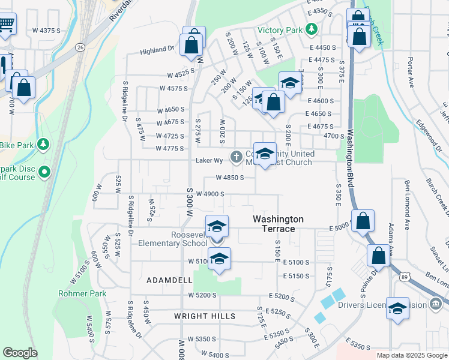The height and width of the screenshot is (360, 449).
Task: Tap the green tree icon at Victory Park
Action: pyautogui.click(x=312, y=29)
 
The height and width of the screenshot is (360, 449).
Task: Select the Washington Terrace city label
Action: pyautogui.click(x=278, y=224)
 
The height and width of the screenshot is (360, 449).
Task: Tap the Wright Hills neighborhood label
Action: pyautogui.click(x=205, y=316)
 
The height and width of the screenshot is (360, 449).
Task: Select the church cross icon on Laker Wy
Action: pyautogui.click(x=237, y=157)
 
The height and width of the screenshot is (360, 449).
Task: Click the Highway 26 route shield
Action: pyautogui.click(x=80, y=46)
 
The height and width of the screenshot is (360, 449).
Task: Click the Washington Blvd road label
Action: pyautogui.click(x=349, y=157)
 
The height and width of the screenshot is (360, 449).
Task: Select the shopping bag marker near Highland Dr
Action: pyautogui.click(x=194, y=44)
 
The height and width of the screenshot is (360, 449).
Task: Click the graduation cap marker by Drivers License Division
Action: pyautogui.click(x=397, y=309)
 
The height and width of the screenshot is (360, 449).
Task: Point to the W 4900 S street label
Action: pyautogui.click(x=210, y=194)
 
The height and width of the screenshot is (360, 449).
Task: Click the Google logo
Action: pyautogui.click(x=20, y=353)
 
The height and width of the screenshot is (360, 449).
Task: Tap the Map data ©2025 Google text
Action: pyautogui.click(x=411, y=355)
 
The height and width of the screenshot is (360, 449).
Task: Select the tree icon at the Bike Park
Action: pyautogui.click(x=43, y=144)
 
